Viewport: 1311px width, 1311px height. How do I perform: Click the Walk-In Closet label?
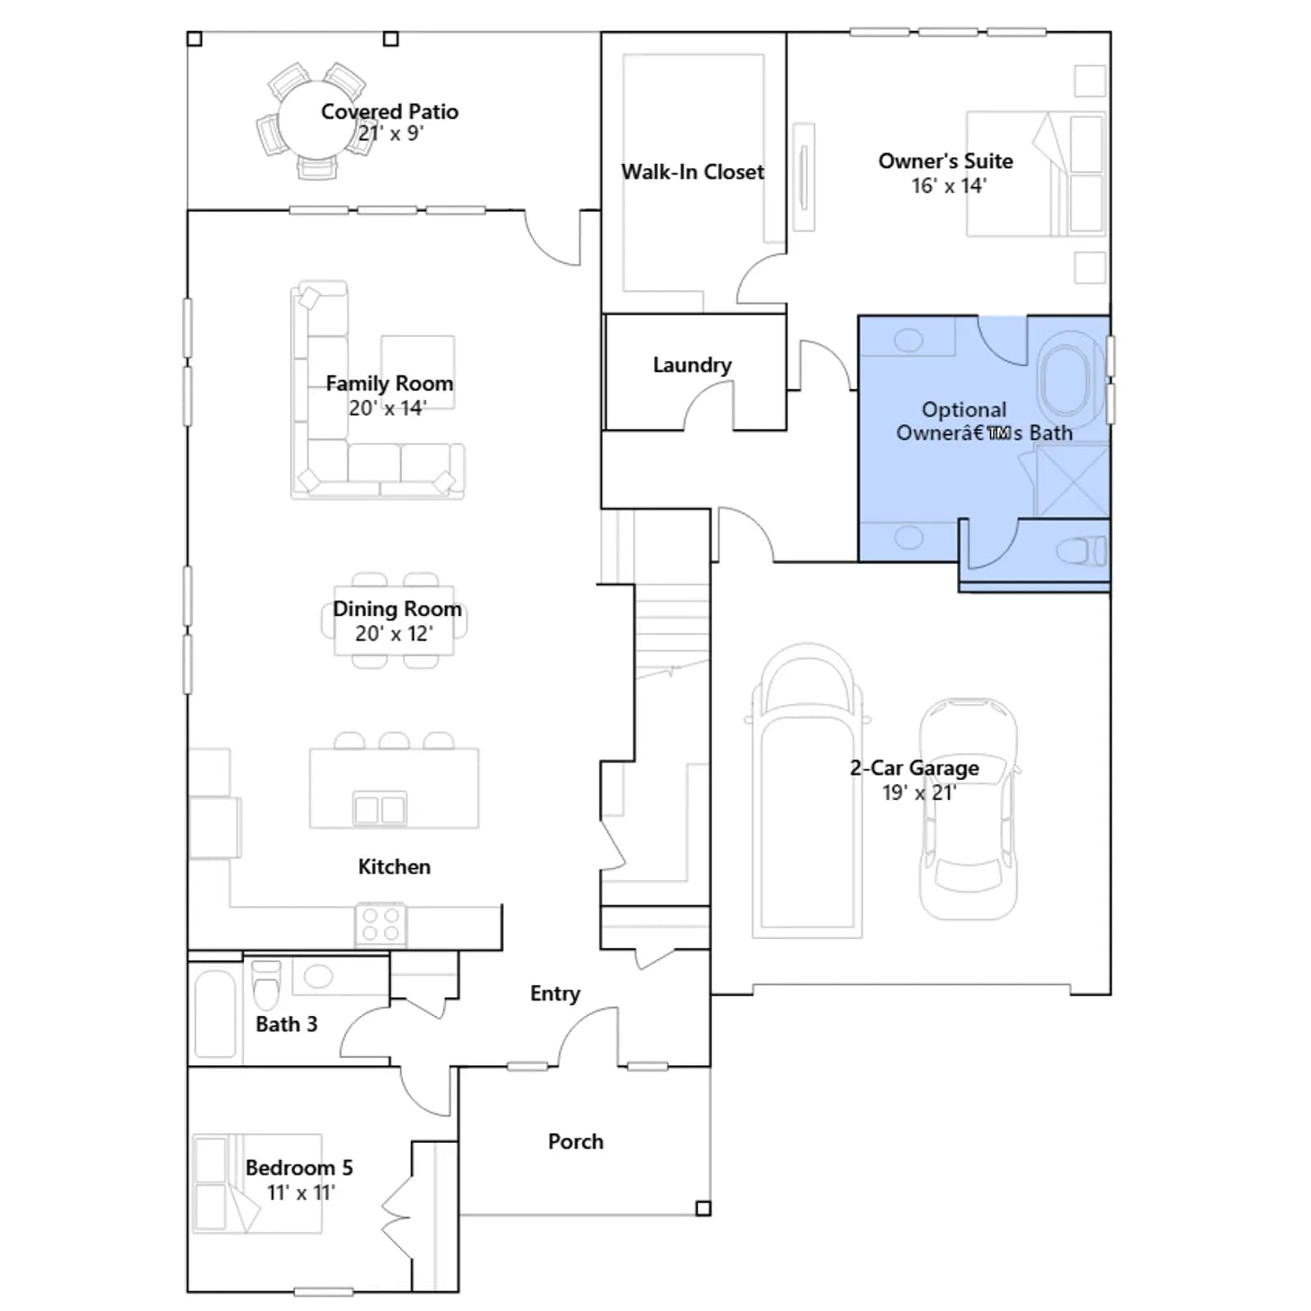(692, 172)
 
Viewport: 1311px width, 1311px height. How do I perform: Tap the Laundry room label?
(692, 365)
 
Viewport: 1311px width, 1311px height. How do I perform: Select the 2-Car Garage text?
(914, 768)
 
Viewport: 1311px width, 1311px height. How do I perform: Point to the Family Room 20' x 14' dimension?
(388, 408)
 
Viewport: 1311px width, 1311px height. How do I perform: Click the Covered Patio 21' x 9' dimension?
(391, 134)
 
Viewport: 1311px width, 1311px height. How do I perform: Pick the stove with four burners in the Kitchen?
(381, 924)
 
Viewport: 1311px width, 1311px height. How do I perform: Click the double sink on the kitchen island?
(379, 809)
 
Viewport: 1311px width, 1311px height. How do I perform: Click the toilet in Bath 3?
(266, 986)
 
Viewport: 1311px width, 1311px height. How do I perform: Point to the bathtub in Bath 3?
(215, 1014)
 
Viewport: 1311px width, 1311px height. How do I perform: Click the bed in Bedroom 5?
(257, 1183)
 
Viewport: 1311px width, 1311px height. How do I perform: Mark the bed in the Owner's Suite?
(1037, 174)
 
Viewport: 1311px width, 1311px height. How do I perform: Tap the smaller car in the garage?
(969, 810)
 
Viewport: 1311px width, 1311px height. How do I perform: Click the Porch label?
(575, 1141)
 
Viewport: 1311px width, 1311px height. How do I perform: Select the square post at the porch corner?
(703, 1208)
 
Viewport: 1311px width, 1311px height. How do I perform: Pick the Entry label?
(555, 994)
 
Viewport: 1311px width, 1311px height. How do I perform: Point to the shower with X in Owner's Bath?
(1073, 482)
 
